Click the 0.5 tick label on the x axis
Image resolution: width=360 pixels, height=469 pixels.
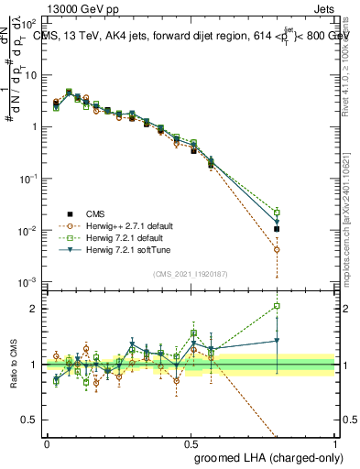tap(191, 442)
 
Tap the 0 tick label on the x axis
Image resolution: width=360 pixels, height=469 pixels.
tap(47, 442)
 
